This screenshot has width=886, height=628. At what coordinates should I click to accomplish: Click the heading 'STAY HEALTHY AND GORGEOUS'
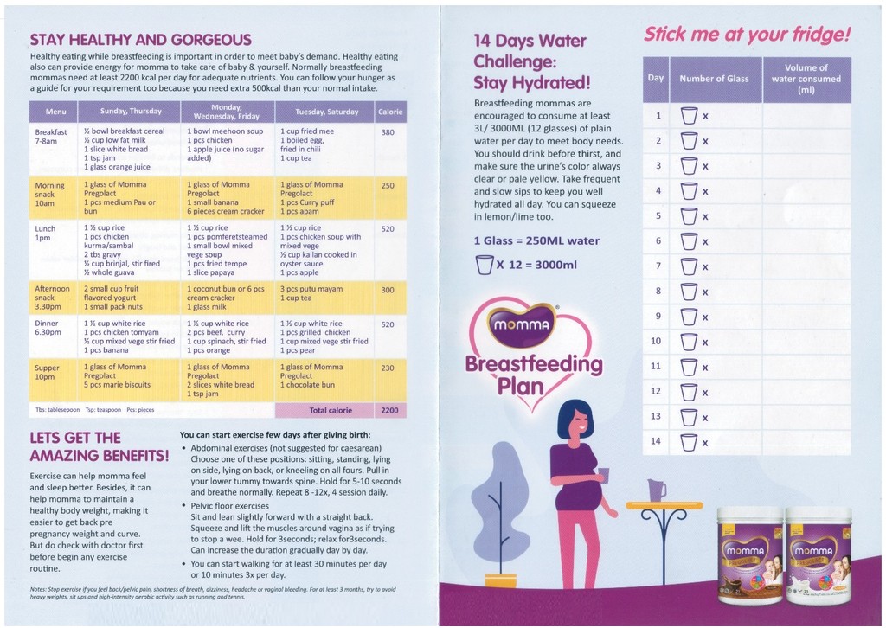[x=140, y=40]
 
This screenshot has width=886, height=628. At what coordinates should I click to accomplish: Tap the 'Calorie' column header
[x=390, y=112]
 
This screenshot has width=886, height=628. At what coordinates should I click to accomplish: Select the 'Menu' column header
[x=55, y=112]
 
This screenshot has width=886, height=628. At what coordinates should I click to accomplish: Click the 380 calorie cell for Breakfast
[x=388, y=132]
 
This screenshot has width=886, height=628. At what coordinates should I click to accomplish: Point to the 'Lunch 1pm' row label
[x=46, y=234]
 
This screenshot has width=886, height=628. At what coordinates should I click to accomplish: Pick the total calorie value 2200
[x=390, y=410]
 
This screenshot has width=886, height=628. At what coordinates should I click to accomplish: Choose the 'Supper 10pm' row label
[x=47, y=372]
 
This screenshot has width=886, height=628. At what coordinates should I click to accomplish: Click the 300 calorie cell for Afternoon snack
[x=388, y=291]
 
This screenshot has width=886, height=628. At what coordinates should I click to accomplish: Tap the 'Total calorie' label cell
[x=330, y=410]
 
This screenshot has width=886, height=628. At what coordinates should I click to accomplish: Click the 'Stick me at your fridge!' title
[x=747, y=35]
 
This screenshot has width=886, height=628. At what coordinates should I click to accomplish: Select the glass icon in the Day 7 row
[x=689, y=266]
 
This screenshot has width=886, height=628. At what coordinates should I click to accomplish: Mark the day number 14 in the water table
[x=656, y=441]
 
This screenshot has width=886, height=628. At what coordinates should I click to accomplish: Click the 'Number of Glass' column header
[x=714, y=79]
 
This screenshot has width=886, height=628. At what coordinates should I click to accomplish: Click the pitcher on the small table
[x=657, y=490]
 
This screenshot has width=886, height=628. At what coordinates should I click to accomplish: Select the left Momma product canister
[x=749, y=555]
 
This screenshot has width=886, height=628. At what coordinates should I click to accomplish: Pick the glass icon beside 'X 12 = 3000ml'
[x=484, y=265]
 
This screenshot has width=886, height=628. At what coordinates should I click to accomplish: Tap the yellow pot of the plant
[x=500, y=580]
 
